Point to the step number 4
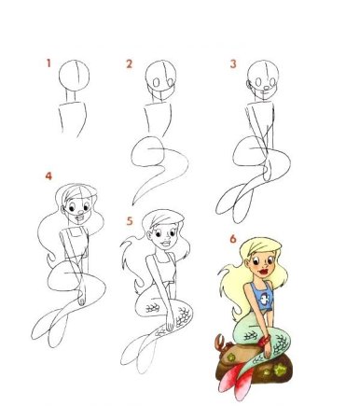click(48, 175)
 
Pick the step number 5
click(130, 222)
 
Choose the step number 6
click(231, 239)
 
